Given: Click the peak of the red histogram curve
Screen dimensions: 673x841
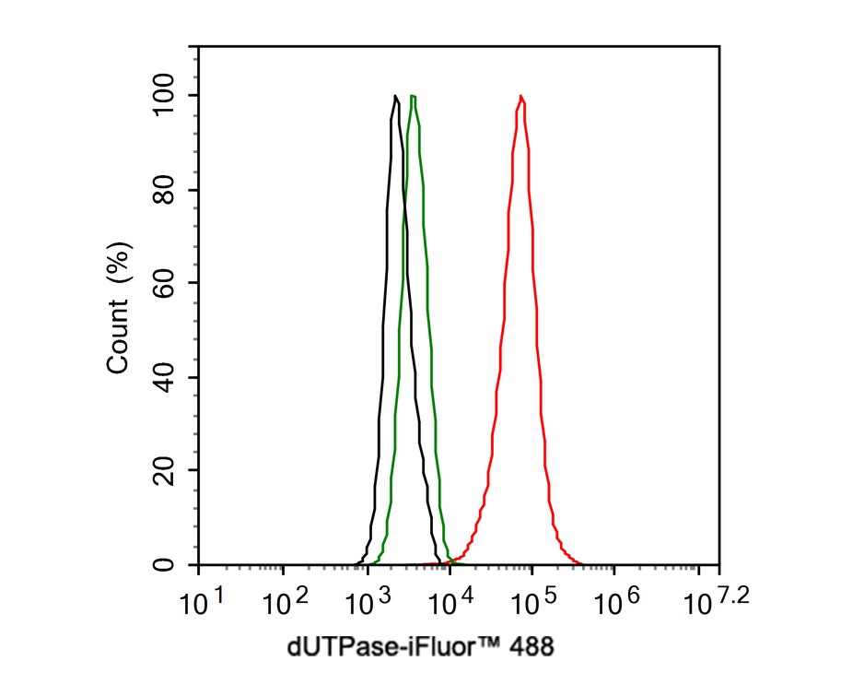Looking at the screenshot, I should pyautogui.click(x=521, y=96).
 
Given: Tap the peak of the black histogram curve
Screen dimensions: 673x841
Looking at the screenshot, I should pyautogui.click(x=395, y=96).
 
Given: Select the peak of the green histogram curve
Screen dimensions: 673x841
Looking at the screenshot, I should pyautogui.click(x=414, y=96).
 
